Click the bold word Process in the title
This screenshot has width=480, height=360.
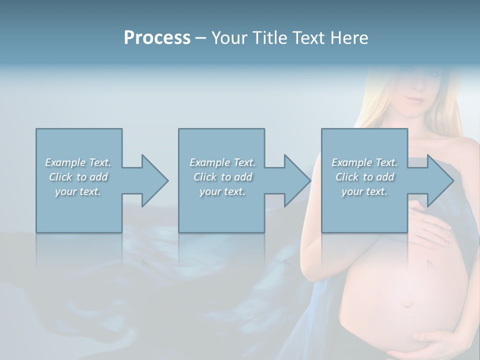[157, 38]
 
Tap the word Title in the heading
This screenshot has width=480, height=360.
[268, 38]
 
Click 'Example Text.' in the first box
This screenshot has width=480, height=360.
[78, 162]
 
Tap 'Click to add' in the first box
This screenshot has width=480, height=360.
[78, 177]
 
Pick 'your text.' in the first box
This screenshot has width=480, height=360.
[78, 191]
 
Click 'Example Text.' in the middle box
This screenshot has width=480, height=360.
[222, 162]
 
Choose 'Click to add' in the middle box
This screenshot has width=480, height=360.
[222, 177]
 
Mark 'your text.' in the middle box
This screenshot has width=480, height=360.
[222, 191]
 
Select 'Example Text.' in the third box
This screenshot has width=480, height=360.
[364, 162]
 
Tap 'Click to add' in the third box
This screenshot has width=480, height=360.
[364, 177]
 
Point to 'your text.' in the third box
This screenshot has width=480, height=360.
[364, 191]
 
